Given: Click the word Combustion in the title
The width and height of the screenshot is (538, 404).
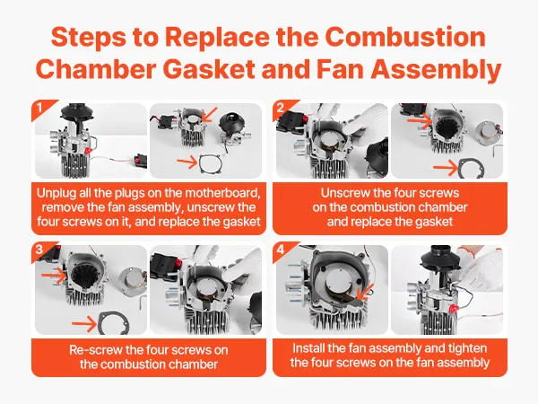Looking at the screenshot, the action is (x=405, y=37).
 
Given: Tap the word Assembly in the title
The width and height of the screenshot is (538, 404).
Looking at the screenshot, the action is (x=436, y=69).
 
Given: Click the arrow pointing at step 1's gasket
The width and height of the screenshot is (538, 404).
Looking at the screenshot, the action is (x=187, y=162).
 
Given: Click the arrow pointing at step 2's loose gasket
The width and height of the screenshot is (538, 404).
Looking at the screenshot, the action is (x=446, y=168).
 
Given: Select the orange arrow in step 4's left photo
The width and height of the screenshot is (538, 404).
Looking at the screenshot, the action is (x=365, y=292).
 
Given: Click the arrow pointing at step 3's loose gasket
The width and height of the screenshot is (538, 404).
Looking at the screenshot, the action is (x=84, y=324).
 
